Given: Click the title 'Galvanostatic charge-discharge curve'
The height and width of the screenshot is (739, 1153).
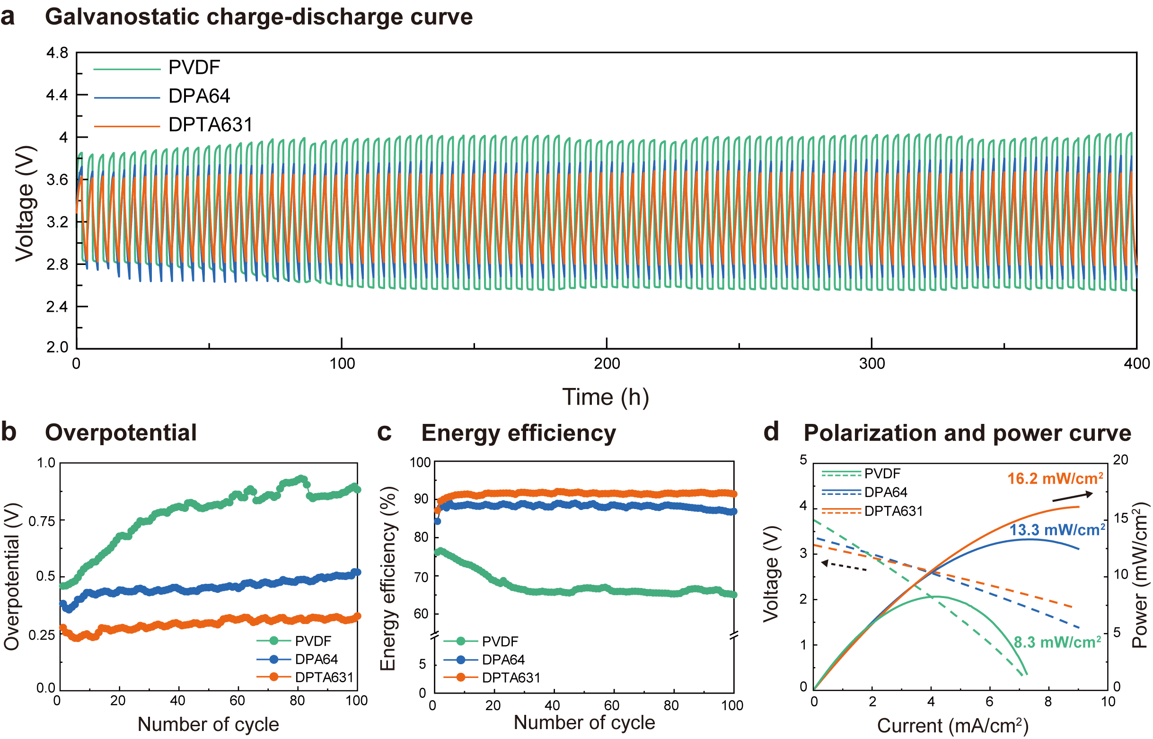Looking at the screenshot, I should click(x=259, y=18).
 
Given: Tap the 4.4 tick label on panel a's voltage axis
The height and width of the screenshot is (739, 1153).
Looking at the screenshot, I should click(x=57, y=95).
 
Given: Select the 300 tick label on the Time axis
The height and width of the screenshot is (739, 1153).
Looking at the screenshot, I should click(x=871, y=364).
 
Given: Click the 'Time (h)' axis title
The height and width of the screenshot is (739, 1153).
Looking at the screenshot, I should click(x=606, y=397).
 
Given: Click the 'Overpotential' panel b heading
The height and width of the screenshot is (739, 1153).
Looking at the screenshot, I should click(x=121, y=433).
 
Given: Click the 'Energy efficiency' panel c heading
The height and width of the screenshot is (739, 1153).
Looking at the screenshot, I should click(x=518, y=433).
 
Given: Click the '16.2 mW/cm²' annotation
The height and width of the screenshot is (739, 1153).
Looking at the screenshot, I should click(x=1055, y=479).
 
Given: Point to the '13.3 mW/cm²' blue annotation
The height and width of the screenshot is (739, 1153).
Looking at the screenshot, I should click(x=1057, y=530).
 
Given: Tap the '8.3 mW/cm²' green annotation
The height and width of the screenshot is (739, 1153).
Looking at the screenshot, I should click(x=1057, y=642).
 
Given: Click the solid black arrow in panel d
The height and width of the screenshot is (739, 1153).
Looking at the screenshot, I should click(x=1073, y=497).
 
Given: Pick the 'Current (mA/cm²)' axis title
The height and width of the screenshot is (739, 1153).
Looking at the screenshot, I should click(x=952, y=726).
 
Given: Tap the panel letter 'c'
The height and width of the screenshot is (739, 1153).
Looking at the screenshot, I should click(x=384, y=432).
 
